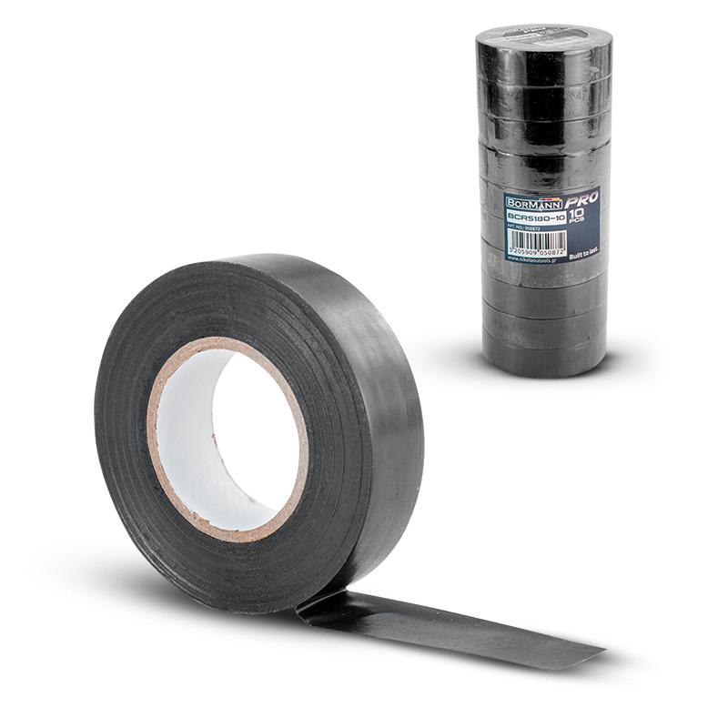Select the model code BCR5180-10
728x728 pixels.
click(536, 218)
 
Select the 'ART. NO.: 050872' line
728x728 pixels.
click(523, 229)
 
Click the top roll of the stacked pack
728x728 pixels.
click(543, 45)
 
